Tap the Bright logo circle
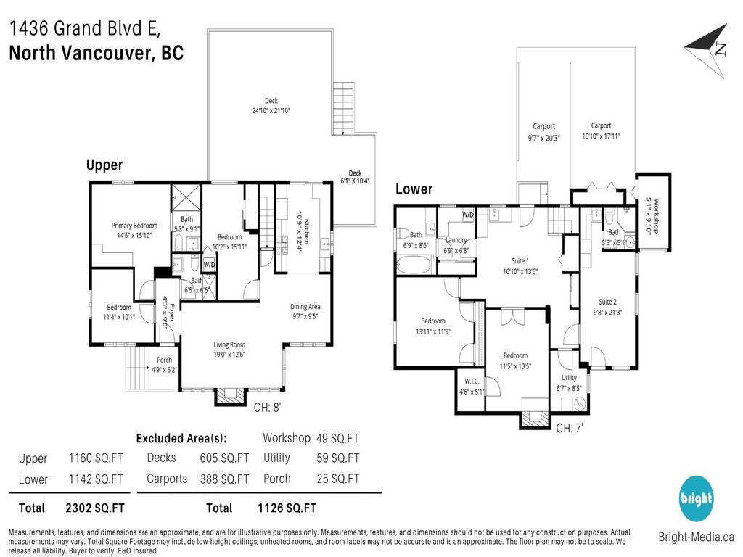tap(696, 499)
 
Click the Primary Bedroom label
tap(134, 226)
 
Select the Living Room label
tap(229, 344)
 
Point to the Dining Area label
tap(305, 306)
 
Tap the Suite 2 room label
tap(607, 302)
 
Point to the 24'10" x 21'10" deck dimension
tap(271, 111)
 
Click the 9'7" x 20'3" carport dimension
tap(543, 137)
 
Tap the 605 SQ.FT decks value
tap(224, 458)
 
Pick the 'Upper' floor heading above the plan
tap(104, 165)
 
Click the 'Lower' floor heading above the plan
tap(414, 189)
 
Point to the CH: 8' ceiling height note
tap(268, 408)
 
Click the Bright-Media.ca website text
tap(696, 537)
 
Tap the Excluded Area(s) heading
tap(181, 438)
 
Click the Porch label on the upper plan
tap(165, 360)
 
